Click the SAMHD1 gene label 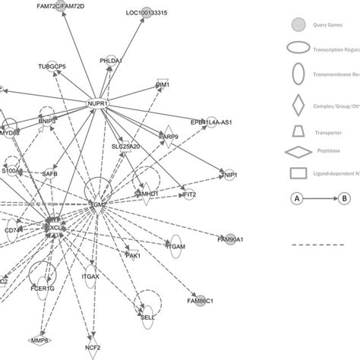(x=147, y=195)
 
